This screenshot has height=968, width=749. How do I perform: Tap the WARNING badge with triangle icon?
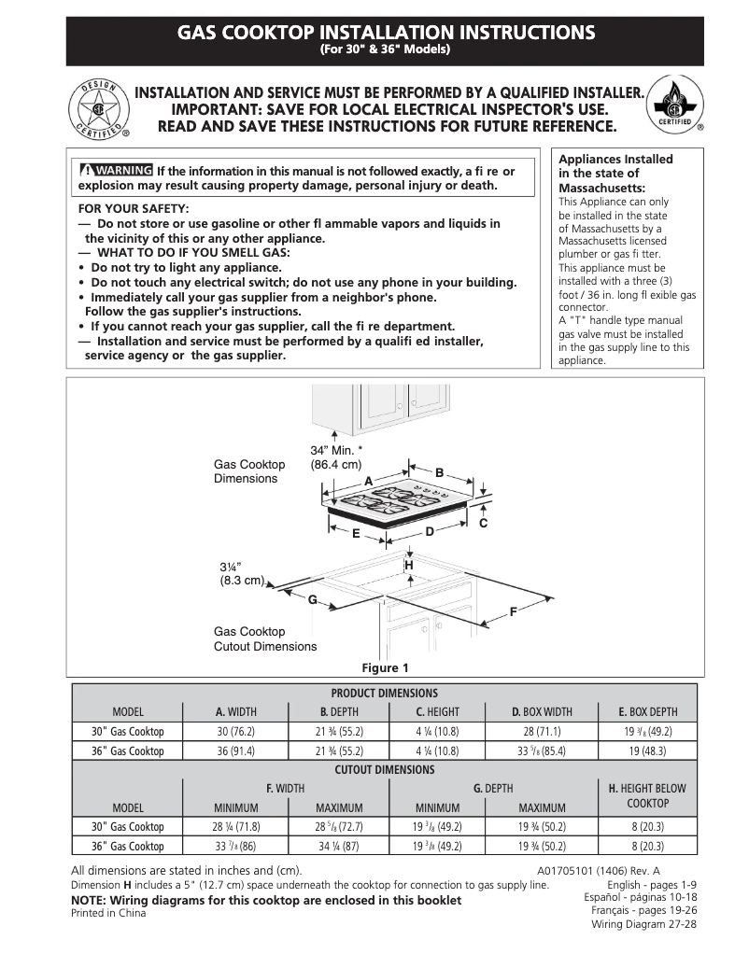click(x=117, y=170)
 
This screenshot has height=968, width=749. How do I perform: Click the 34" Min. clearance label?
click(x=336, y=457)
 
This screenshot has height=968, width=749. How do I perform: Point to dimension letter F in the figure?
click(x=513, y=611)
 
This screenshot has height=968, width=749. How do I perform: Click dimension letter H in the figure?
click(x=408, y=566)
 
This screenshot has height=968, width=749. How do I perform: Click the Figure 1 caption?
click(x=385, y=667)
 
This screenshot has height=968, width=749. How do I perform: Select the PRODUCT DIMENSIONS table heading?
click(x=384, y=693)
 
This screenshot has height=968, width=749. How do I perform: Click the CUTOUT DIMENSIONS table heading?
click(x=384, y=769)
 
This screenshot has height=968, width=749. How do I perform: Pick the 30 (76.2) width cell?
click(x=235, y=732)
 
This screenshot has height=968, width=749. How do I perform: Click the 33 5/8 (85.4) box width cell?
click(x=542, y=751)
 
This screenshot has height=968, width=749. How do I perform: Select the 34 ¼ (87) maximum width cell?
click(x=338, y=846)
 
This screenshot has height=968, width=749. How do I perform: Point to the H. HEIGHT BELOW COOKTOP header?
click(x=647, y=795)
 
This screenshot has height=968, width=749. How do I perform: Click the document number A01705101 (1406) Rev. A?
click(x=617, y=870)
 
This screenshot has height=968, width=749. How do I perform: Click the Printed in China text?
click(x=108, y=914)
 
